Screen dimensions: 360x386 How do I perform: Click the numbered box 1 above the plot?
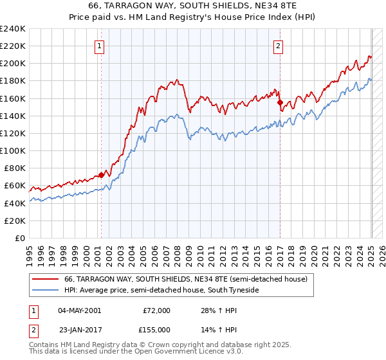(x=101, y=46)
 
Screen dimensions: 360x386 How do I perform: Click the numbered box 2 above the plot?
(x=279, y=46)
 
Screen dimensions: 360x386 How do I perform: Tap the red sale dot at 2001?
(x=101, y=175)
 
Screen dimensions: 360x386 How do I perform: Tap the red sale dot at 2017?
(x=280, y=102)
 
